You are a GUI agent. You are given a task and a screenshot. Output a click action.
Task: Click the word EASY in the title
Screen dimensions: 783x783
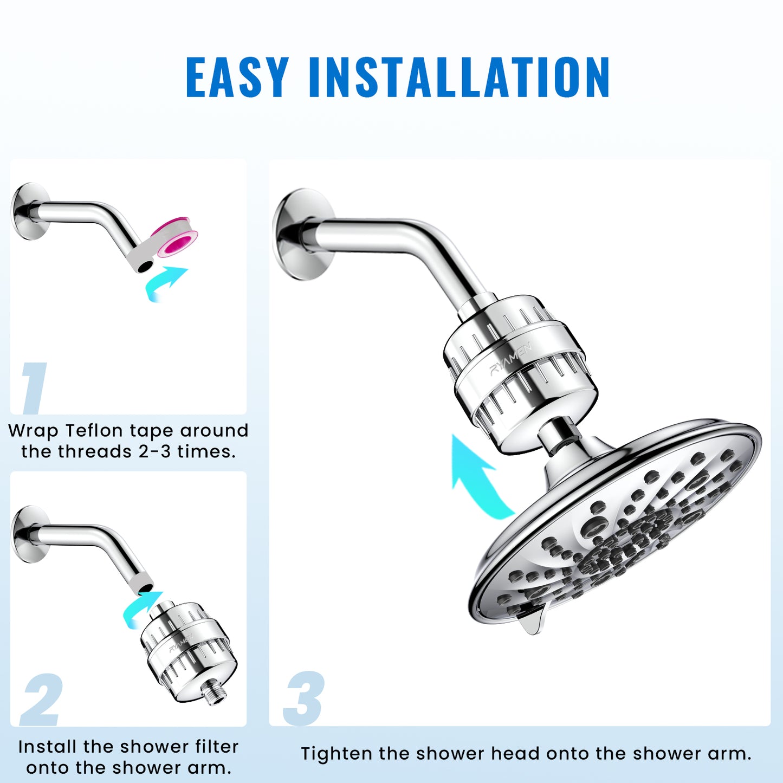(237, 77)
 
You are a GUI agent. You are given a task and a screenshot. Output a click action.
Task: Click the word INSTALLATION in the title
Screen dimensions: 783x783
(459, 77)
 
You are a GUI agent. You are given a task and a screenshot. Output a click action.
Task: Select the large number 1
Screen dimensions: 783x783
(34, 388)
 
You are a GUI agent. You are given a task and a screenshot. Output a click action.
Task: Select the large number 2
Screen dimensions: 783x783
(42, 700)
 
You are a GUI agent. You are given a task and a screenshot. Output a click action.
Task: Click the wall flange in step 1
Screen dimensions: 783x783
(28, 211)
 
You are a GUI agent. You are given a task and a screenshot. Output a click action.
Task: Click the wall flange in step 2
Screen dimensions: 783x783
(28, 535)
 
